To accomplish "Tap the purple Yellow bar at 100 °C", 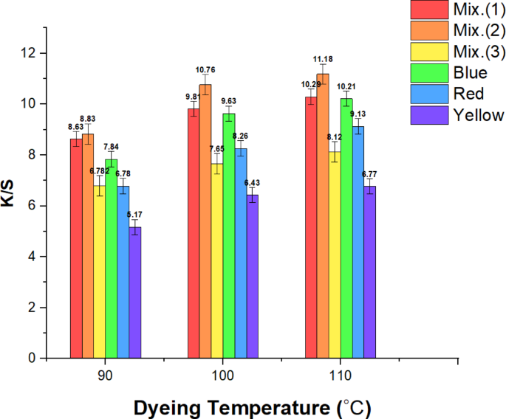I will [253, 277].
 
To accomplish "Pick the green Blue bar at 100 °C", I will [229, 236].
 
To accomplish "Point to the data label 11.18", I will [323, 59].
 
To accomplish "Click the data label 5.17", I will [135, 215].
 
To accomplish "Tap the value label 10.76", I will [205, 70].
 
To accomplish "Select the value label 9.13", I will [358, 114].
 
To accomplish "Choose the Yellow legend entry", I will [458, 115].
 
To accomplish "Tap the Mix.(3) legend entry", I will [458, 52].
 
